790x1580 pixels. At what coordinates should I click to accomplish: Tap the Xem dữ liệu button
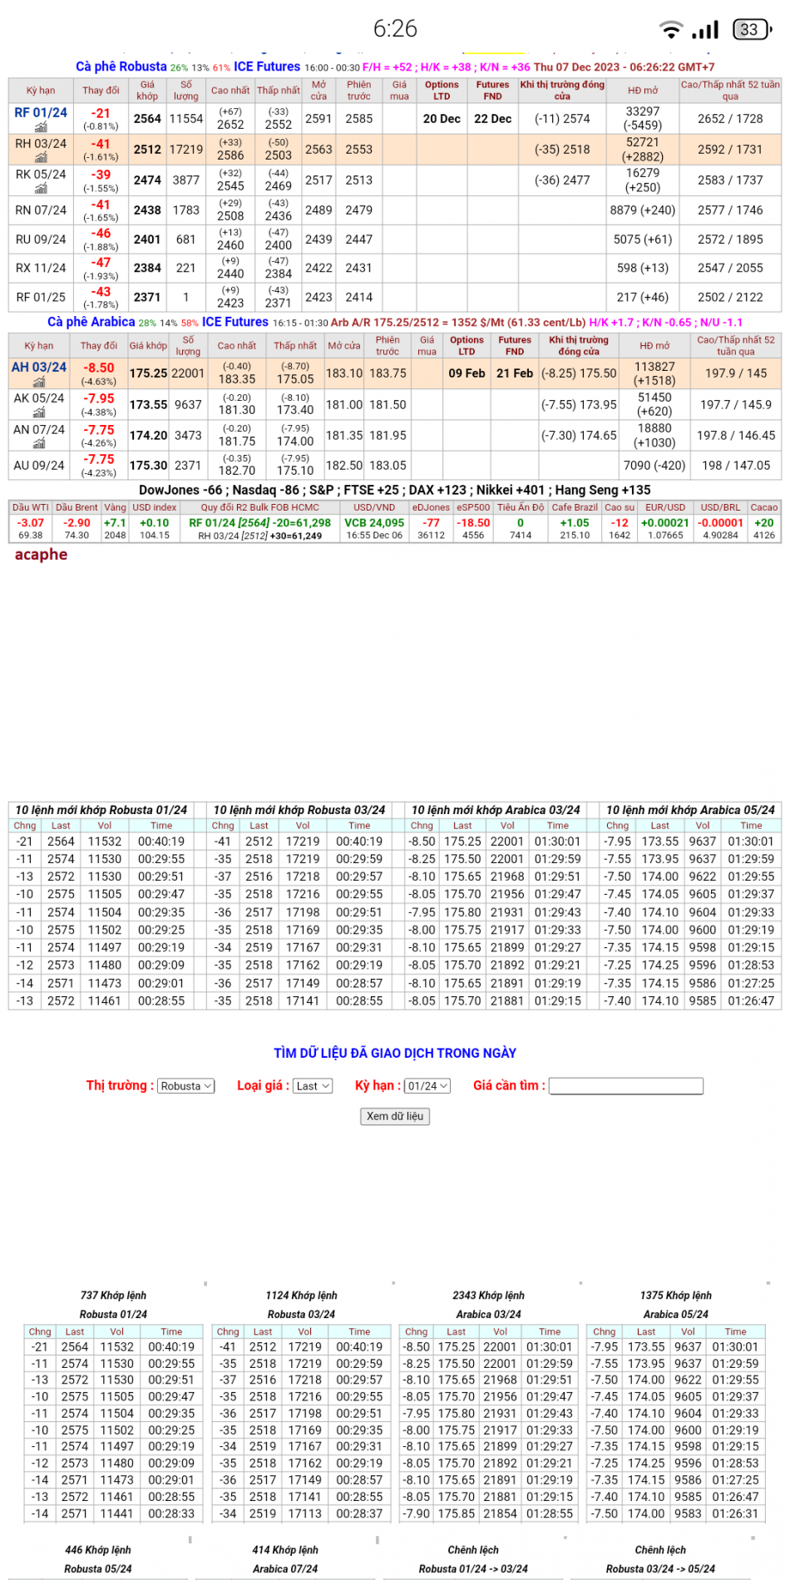tap(395, 1116)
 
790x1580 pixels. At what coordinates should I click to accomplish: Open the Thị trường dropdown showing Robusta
tap(186, 1086)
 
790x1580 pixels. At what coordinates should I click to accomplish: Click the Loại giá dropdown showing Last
tap(313, 1086)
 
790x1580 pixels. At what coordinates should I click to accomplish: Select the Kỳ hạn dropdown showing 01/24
tap(427, 1086)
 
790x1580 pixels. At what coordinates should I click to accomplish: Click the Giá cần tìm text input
tap(625, 1086)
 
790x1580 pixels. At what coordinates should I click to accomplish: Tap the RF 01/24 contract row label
tap(41, 113)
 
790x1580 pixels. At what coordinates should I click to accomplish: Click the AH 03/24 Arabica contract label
tap(39, 368)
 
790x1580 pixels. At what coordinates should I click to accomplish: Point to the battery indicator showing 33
tap(750, 30)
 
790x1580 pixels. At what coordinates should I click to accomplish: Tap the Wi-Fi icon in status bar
tap(670, 30)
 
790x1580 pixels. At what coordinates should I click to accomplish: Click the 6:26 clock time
tap(395, 29)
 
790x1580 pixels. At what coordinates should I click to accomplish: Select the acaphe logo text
tap(41, 555)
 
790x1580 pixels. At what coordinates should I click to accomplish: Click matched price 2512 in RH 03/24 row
tap(147, 150)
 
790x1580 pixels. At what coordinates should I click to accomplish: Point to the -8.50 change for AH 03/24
tap(99, 368)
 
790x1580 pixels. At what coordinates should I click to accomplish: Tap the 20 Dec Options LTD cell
tap(442, 119)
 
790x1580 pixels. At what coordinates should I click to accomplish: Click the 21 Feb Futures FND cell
tap(515, 373)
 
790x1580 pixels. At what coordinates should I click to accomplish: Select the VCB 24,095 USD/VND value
tap(374, 523)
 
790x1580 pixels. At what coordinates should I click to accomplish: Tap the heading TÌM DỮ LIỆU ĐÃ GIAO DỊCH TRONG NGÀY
tap(395, 1053)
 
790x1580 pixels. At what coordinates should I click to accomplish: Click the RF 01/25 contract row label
tap(41, 297)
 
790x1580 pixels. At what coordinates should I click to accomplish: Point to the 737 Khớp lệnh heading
tap(113, 1296)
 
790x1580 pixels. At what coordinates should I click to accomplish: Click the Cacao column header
tap(763, 507)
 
